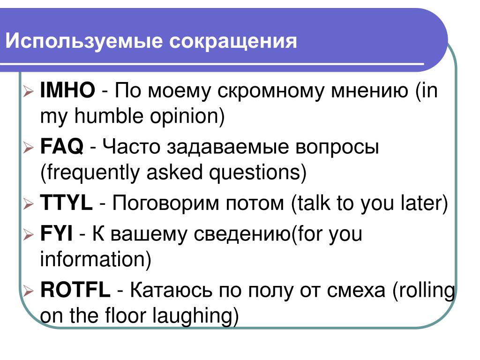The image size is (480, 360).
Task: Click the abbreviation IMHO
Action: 67,90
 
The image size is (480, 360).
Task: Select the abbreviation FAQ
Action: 62,146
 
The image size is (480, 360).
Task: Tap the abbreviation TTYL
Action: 66,202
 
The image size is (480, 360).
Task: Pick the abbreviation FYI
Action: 56,233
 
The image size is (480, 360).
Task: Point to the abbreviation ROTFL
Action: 75,290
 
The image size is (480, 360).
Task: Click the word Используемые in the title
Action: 84,41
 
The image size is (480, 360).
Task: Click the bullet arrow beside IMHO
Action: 28,91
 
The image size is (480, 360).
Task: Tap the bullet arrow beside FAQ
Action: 28,148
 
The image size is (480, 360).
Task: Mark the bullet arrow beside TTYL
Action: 28,204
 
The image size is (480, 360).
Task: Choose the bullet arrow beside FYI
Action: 28,235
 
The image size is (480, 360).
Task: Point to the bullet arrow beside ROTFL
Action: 28,291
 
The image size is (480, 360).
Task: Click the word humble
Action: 109,116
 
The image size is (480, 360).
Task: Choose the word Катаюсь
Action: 171,290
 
